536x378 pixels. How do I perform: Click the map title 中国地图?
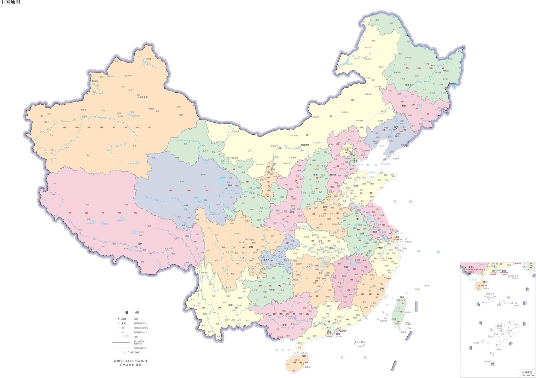point(10,2)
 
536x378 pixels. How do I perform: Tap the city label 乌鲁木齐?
point(143,98)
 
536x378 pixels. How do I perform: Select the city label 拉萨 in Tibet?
point(140,244)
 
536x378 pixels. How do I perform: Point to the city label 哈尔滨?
point(409,85)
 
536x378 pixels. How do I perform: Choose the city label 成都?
point(250,247)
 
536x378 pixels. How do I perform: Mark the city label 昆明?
point(230,305)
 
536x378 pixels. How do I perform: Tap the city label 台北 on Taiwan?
point(402,297)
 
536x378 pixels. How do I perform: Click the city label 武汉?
point(331,248)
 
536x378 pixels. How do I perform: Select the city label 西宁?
point(230,186)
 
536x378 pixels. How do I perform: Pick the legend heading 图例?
point(131,312)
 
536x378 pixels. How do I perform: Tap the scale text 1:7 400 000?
point(131,352)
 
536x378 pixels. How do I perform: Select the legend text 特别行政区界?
point(140,348)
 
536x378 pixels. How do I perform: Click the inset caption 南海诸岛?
point(526,372)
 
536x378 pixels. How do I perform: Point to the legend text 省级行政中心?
point(140,323)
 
